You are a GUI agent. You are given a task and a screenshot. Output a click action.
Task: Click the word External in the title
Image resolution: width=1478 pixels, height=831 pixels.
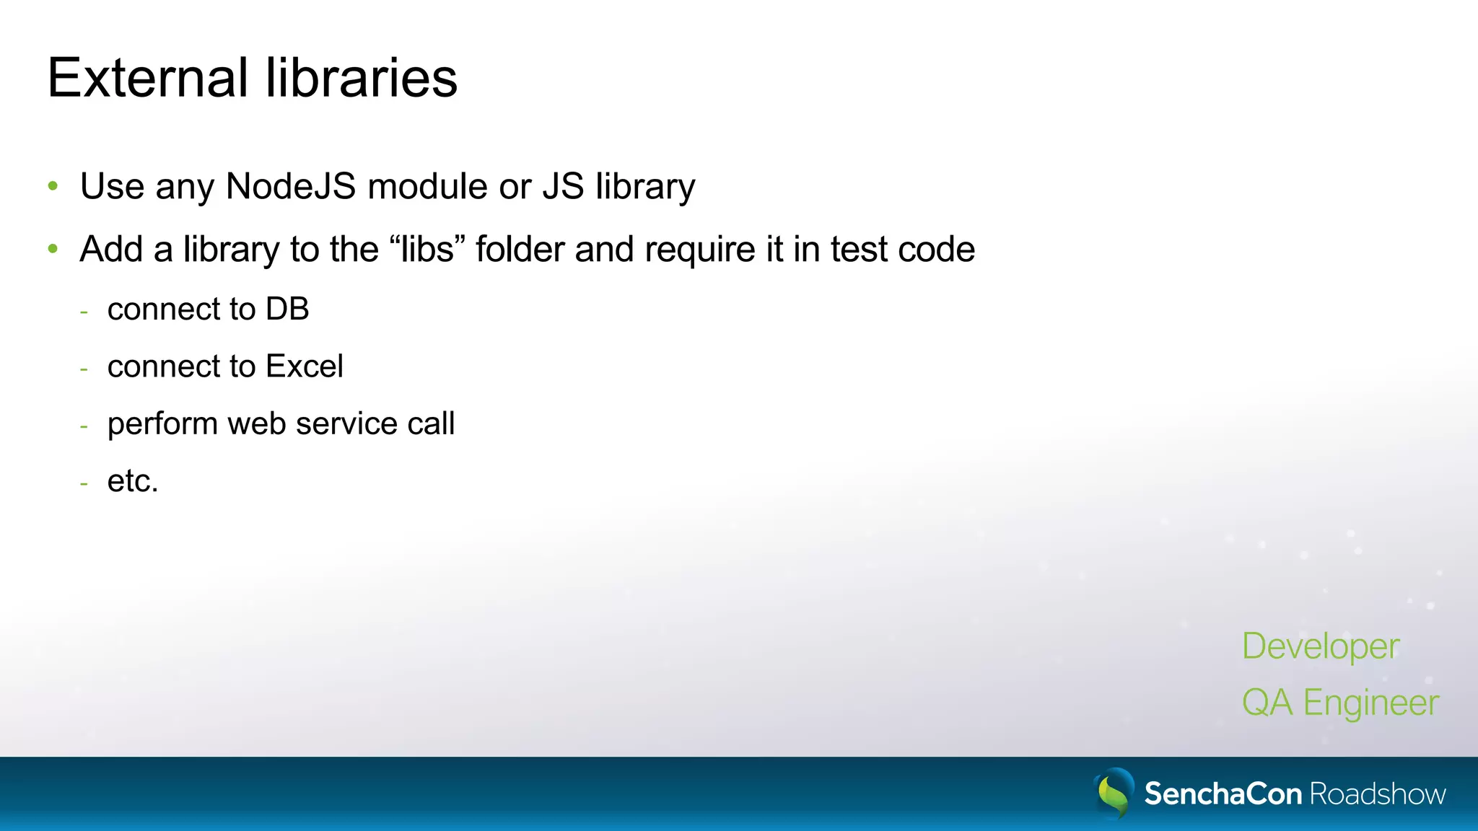[x=148, y=78]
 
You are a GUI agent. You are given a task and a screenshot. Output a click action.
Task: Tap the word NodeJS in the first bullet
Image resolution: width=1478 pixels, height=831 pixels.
[x=291, y=186]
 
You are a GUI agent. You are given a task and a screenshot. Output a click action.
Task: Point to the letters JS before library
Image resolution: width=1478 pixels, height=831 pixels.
[x=563, y=186]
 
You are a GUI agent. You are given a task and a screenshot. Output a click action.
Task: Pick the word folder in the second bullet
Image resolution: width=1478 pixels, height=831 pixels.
[x=520, y=250]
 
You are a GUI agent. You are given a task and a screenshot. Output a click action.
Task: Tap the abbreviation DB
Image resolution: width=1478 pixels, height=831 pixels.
[x=287, y=309]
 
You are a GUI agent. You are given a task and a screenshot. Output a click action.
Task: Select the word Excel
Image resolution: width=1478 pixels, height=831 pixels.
[x=304, y=366]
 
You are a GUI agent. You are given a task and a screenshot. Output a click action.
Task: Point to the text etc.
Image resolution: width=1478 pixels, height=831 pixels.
[x=132, y=481]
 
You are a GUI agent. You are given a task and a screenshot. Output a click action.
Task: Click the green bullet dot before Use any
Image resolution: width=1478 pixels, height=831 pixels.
[x=53, y=187]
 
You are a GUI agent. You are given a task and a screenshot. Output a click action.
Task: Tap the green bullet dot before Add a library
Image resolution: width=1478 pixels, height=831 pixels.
[x=53, y=250]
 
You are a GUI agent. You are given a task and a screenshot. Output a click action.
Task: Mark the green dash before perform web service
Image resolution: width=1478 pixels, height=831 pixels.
[x=84, y=426]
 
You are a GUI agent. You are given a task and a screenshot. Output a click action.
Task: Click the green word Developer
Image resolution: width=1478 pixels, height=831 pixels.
[x=1320, y=646]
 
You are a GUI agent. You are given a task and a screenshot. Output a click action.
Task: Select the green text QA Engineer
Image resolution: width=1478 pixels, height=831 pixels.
[x=1339, y=703]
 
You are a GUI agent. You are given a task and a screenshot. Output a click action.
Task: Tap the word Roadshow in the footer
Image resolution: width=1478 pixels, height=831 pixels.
[x=1377, y=794]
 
